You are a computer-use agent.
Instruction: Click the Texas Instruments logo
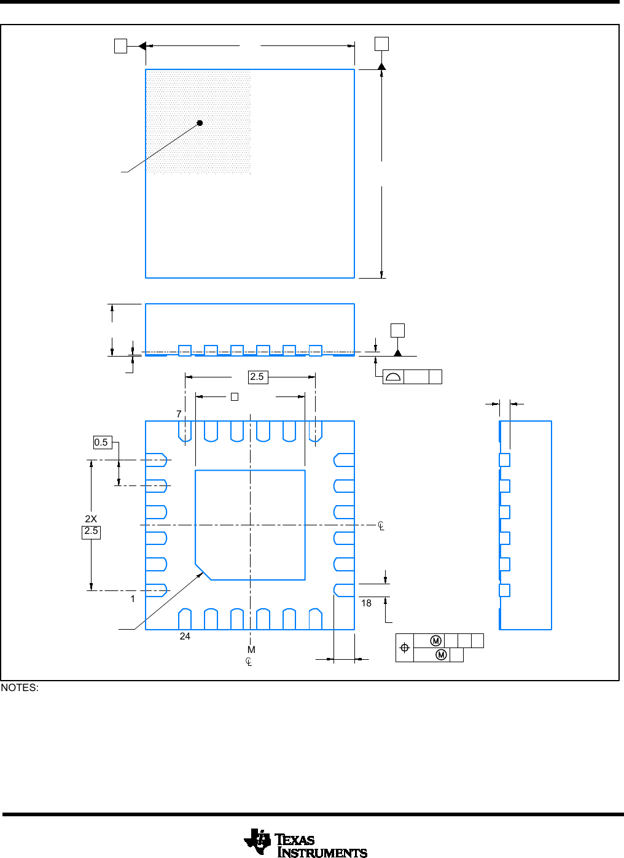305,843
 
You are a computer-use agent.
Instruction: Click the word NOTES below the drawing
20,688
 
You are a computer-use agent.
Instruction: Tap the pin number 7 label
179,414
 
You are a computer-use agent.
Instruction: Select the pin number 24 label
185,636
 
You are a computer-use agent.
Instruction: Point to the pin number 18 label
366,603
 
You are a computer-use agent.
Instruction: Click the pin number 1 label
133,598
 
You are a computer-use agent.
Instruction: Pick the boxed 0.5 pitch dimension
102,443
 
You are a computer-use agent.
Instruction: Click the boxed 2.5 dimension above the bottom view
257,377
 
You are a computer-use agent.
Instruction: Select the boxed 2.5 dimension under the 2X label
91,531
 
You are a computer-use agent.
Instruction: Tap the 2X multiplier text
91,519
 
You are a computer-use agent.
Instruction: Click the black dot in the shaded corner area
200,123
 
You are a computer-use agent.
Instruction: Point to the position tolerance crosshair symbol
405,647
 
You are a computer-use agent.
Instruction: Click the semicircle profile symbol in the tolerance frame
393,377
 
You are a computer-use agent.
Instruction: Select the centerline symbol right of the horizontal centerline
381,526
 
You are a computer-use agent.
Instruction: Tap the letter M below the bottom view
251,650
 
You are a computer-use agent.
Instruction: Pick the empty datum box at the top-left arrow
120,45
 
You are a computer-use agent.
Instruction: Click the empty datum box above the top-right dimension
381,43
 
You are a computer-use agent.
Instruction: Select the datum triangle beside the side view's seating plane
397,352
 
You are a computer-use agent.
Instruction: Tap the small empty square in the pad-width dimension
234,397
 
